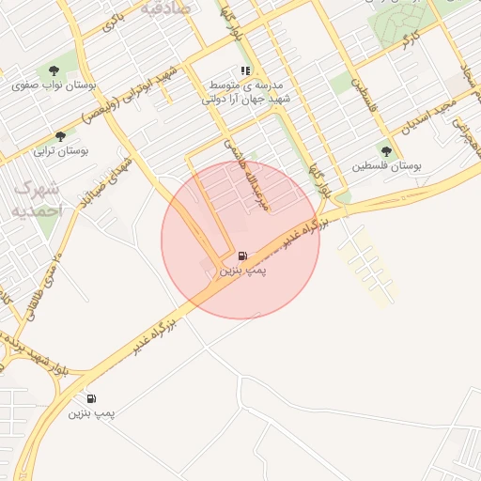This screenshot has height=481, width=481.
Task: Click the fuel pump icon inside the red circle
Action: [x=243, y=256]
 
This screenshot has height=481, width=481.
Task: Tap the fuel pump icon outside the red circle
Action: [x=91, y=398]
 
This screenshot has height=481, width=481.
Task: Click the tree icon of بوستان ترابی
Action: [x=61, y=136]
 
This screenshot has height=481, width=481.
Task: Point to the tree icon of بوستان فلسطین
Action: [x=386, y=150]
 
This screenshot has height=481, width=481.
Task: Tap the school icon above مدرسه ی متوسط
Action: [x=245, y=70]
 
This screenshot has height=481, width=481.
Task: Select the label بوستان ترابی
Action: [x=60, y=150]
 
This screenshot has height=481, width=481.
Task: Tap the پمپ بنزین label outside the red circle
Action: [x=91, y=412]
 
